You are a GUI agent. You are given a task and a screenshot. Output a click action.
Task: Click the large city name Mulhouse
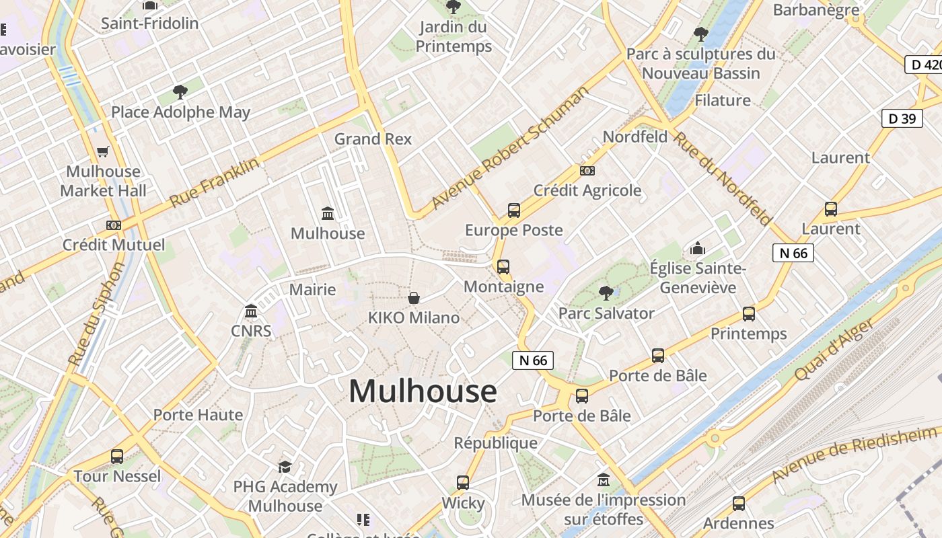tap(423, 391)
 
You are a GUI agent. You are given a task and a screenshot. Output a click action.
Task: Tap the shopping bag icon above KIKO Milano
tap(414, 297)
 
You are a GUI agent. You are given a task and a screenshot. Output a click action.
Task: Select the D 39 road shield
tap(902, 118)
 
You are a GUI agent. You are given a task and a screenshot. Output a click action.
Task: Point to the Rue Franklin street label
tap(214, 182)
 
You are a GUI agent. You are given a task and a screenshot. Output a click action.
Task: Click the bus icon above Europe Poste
tap(514, 210)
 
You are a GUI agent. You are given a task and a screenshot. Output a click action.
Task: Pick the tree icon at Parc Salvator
tap(606, 293)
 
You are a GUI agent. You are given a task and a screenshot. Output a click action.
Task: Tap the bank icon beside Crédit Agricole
tap(587, 171)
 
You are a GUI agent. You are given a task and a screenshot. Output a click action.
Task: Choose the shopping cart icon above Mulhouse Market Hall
tap(103, 152)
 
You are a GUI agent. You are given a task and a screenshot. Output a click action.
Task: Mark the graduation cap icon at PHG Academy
tap(285, 467)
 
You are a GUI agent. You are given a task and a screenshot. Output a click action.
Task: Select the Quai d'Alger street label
tap(836, 349)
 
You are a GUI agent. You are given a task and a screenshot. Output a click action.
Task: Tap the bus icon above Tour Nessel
tap(117, 457)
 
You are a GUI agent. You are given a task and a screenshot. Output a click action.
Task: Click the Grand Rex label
tap(373, 139)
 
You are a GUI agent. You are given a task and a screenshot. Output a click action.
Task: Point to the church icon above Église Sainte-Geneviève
tap(698, 249)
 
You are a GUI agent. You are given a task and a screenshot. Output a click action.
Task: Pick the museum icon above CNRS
tap(251, 311)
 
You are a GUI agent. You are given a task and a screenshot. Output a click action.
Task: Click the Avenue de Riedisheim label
tap(855, 454)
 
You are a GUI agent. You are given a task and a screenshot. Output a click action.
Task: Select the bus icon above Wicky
tap(463, 483)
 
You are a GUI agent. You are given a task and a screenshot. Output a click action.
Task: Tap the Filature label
tap(722, 100)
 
